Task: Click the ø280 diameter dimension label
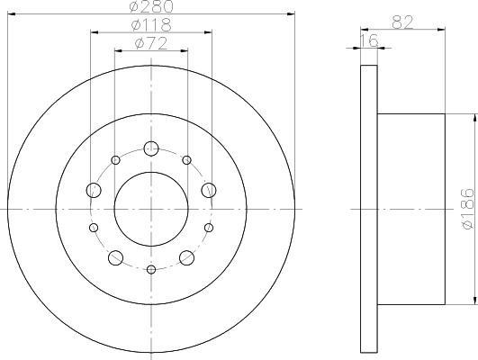pos(151,6)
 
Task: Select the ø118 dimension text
pos(151,25)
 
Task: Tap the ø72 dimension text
pos(151,43)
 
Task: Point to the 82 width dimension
pos(402,22)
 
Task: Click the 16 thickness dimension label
pos(369,40)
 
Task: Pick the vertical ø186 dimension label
pos(468,209)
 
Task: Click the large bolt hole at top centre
pos(151,148)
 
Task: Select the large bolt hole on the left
pos(94,190)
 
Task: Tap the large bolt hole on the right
pos(209,190)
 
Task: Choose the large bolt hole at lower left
pos(116,258)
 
